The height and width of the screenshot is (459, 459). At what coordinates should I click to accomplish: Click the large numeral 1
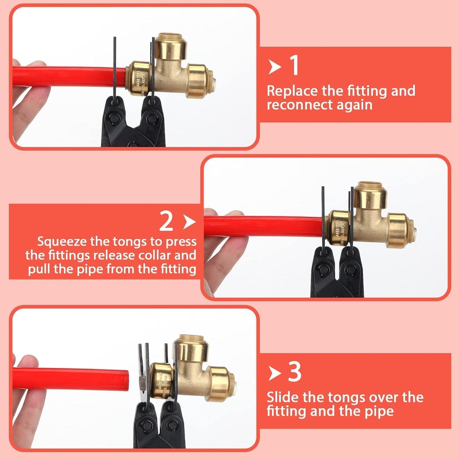[295, 65]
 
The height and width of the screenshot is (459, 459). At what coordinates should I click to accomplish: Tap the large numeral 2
[166, 221]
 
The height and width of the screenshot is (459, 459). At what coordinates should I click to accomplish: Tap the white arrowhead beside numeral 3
[274, 373]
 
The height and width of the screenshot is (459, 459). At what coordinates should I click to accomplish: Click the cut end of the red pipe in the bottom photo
[126, 380]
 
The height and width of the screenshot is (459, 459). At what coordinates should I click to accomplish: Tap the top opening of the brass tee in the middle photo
[370, 185]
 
